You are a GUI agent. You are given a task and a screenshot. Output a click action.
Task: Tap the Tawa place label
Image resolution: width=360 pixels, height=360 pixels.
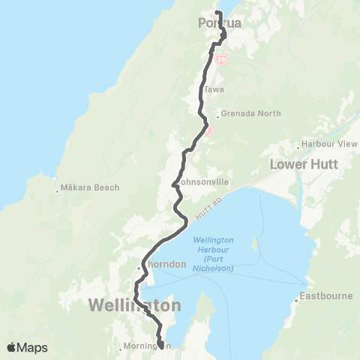pos(214,88)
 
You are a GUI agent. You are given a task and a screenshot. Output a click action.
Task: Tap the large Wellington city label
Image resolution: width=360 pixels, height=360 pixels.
pos(135,306)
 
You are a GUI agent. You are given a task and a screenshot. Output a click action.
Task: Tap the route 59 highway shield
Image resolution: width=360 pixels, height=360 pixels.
pos(220,58)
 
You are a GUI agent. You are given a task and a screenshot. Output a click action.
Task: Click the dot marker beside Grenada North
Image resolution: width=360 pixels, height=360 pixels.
pos(217,115)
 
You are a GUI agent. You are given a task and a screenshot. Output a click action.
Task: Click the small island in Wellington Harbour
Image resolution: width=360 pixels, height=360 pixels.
pos(256,245)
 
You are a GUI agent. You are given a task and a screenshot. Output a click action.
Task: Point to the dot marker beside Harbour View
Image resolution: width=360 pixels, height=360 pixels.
pos(299,145)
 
